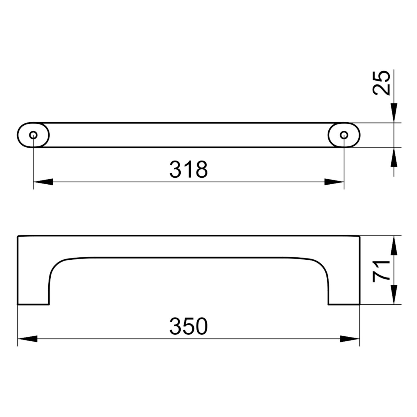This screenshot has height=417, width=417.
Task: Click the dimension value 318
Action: [188, 169]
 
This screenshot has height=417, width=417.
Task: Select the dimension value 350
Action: [188, 326]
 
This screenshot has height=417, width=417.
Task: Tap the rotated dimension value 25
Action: [382, 83]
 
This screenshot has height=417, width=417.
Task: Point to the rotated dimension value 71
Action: [382, 271]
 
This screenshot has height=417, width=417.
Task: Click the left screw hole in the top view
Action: [33, 135]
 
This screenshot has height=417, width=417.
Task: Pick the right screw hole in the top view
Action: [344, 135]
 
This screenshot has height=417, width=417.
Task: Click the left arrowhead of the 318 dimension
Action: [43, 182]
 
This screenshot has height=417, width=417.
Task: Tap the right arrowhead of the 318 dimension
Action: [334, 182]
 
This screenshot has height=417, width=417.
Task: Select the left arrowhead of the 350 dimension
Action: [27, 339]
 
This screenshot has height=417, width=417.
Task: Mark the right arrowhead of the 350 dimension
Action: [350, 339]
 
